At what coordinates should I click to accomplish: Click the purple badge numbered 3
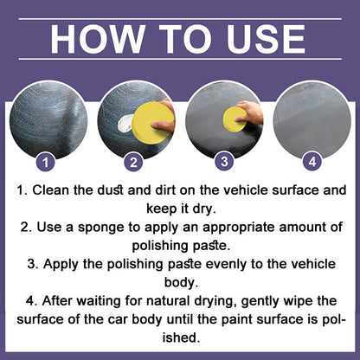click(x=223, y=160)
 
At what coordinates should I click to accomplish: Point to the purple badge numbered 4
click(x=312, y=160)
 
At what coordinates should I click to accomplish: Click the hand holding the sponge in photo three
click(x=251, y=112)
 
